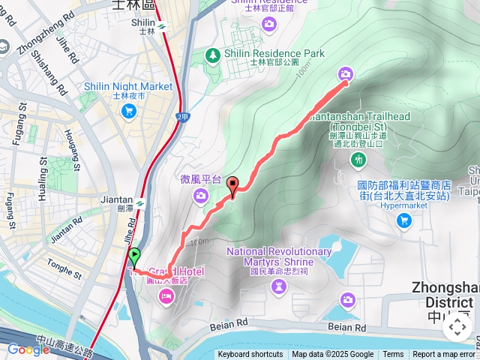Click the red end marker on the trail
pyautogui.click(x=232, y=185)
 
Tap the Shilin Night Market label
pyautogui.click(x=128, y=87)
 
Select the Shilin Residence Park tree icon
pyautogui.click(x=213, y=54)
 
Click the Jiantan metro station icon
pyautogui.click(x=140, y=201)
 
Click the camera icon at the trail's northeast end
pyautogui.click(x=345, y=73)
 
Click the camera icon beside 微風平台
pyautogui.click(x=200, y=196)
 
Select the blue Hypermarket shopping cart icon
pyautogui.click(x=404, y=220)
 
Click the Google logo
pyautogui.click(x=28, y=349)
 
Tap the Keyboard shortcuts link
pyautogui.click(x=250, y=355)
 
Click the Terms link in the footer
pyautogui.click(x=393, y=355)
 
